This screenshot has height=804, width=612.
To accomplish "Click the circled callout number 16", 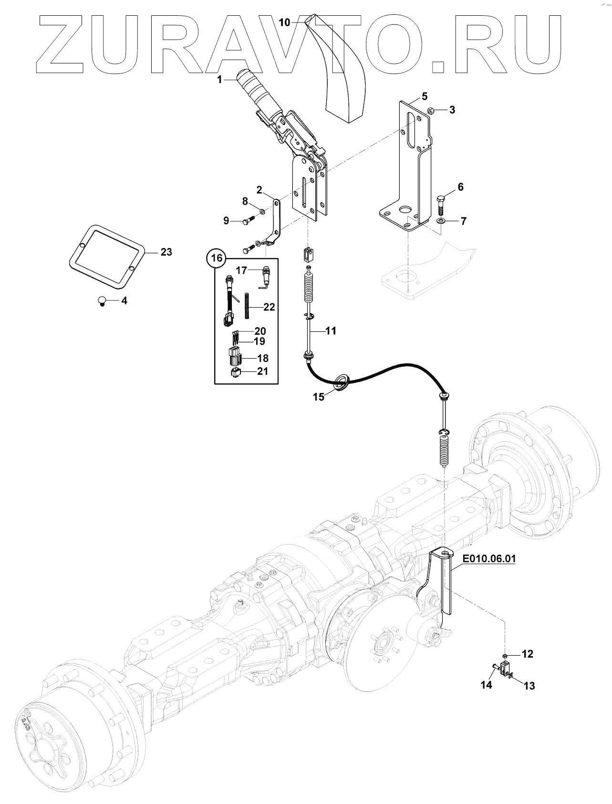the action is (217, 258).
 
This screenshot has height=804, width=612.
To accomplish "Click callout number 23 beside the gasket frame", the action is (166, 252).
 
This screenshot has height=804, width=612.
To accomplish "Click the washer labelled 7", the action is (441, 221).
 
